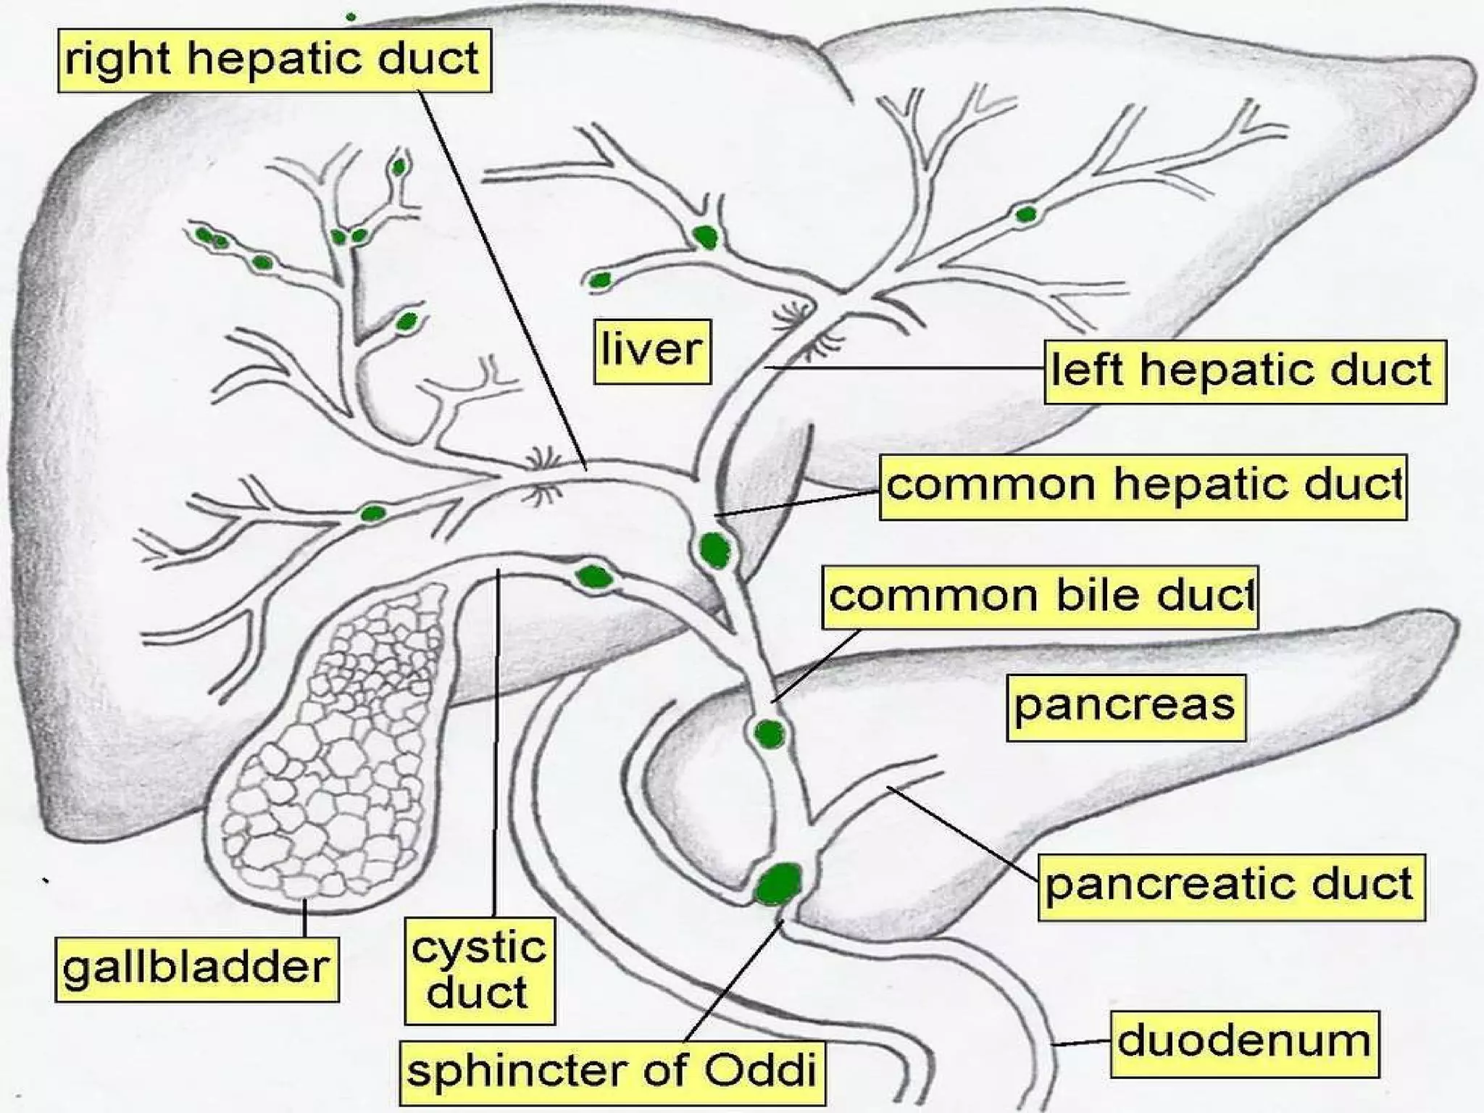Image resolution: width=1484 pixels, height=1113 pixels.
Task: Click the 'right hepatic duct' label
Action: [274, 60]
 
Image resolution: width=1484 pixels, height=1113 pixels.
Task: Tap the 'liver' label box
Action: [651, 351]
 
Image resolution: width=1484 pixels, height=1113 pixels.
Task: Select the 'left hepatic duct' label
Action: [1244, 371]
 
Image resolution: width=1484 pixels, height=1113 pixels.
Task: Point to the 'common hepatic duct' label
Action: [1143, 486]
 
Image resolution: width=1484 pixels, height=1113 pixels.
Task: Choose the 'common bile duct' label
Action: [1040, 597]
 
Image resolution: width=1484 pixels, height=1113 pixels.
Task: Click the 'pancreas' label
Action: [1125, 707]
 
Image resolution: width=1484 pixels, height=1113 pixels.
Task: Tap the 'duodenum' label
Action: [1244, 1043]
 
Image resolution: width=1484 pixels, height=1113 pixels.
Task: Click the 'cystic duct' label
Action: [479, 971]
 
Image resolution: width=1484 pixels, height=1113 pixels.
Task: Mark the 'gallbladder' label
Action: [196, 970]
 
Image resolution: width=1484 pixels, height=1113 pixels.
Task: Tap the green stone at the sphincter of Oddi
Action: [779, 883]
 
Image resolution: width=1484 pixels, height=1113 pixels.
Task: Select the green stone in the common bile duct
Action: [769, 734]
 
